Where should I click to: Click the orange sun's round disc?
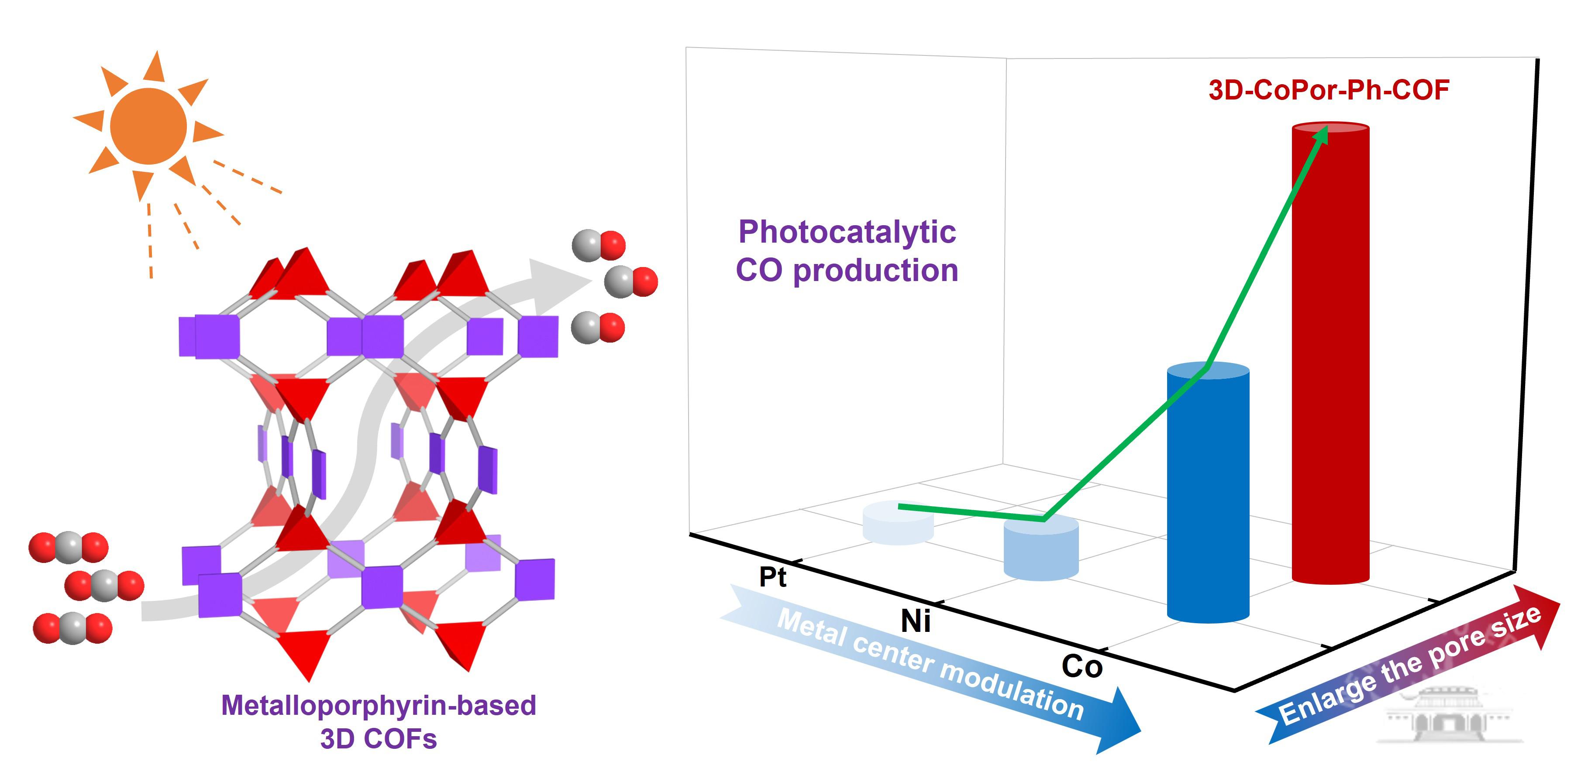(148, 126)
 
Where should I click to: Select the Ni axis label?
(916, 621)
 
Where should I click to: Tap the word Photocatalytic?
(847, 232)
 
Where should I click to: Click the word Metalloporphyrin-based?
(379, 706)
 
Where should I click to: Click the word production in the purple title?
(875, 271)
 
